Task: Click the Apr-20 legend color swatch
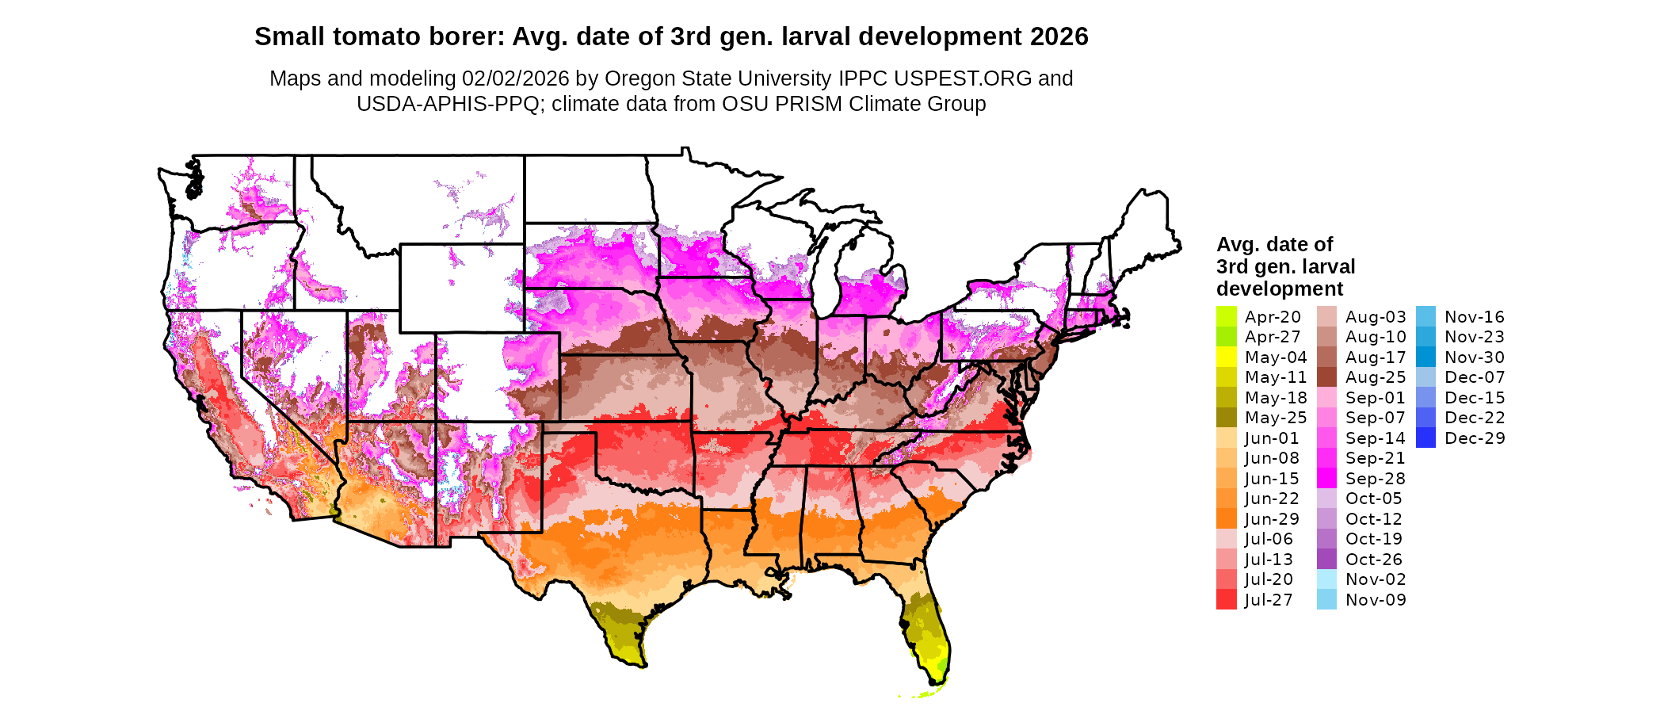point(1226,316)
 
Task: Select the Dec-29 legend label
point(1475,438)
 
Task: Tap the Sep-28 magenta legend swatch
point(1326,479)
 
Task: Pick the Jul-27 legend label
point(1269,600)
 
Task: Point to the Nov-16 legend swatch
point(1425,316)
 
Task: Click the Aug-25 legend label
point(1376,377)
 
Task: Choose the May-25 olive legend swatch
point(1226,418)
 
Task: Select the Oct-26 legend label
point(1374,560)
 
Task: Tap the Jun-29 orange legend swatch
point(1226,519)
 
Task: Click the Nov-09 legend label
point(1376,600)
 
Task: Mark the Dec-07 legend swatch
point(1425,377)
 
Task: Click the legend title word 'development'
point(1280,289)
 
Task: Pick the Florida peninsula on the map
point(927,634)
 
